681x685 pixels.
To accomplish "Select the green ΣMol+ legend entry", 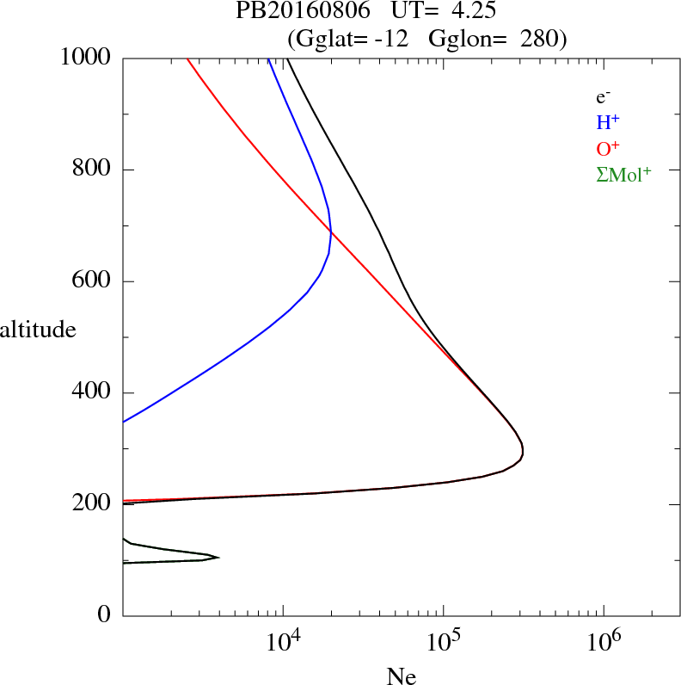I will point(623,174).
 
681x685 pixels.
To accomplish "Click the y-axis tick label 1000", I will point(86,59).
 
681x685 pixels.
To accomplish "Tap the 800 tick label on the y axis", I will point(92,170).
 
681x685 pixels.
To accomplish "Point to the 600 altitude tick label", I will point(92,282).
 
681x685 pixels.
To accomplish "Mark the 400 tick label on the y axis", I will point(92,393).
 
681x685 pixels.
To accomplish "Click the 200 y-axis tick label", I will point(92,505).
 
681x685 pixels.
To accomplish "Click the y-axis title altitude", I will point(38,330).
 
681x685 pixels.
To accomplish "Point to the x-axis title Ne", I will point(401,676).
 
